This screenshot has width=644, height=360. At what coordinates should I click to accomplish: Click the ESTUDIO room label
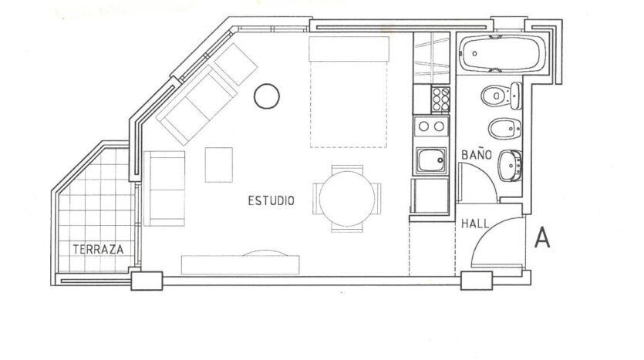point(271,200)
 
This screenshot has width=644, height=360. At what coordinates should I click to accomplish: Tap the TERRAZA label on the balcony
point(98,249)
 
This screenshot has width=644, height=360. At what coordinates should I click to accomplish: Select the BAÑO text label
point(477,154)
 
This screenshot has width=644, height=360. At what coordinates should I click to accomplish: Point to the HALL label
point(475,224)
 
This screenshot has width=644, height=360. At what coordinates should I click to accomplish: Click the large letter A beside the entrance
point(542,238)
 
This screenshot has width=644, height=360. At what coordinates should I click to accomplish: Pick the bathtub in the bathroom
point(502,54)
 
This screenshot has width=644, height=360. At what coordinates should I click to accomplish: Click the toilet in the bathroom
point(501,96)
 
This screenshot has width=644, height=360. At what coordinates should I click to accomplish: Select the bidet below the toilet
point(504,129)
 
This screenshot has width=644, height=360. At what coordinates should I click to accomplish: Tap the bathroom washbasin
point(510,166)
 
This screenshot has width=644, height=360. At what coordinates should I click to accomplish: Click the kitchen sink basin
point(431,160)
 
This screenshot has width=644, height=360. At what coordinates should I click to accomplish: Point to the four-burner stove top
point(440,99)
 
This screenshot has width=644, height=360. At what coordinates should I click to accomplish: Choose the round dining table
point(347,199)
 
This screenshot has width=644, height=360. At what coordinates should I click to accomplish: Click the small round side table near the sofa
point(267,96)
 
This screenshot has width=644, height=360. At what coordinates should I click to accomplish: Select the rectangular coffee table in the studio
point(219,165)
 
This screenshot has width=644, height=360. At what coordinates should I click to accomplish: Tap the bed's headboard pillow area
point(349,49)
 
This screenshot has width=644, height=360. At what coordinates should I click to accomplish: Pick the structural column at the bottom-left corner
point(147,281)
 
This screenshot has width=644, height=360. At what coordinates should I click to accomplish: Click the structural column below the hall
point(477,281)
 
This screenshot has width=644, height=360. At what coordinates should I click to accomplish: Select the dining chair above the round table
point(347,169)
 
